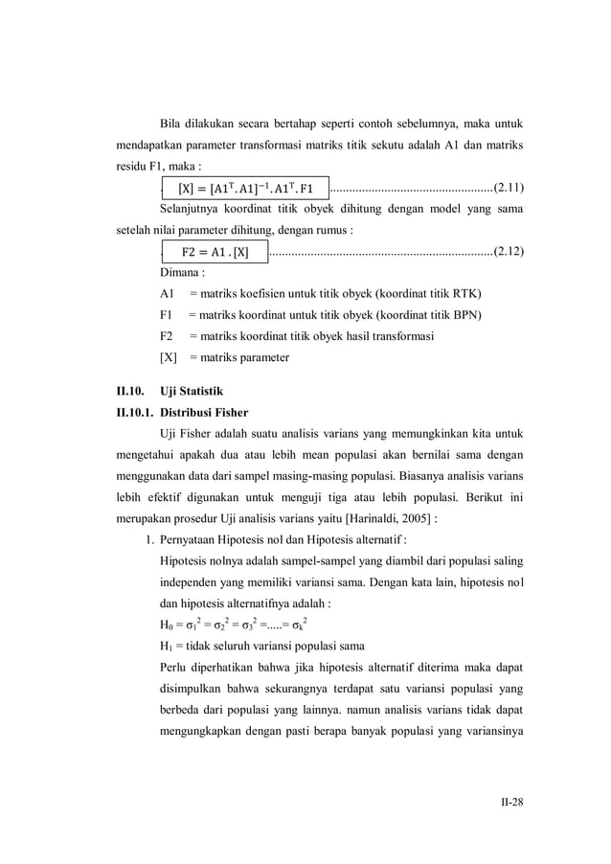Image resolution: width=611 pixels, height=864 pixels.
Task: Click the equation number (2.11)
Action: click(x=508, y=187)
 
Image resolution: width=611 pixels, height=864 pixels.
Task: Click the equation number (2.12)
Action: click(x=508, y=253)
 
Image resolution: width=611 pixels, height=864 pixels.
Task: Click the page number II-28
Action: click(x=510, y=803)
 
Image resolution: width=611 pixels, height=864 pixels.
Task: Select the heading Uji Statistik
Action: click(x=192, y=393)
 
